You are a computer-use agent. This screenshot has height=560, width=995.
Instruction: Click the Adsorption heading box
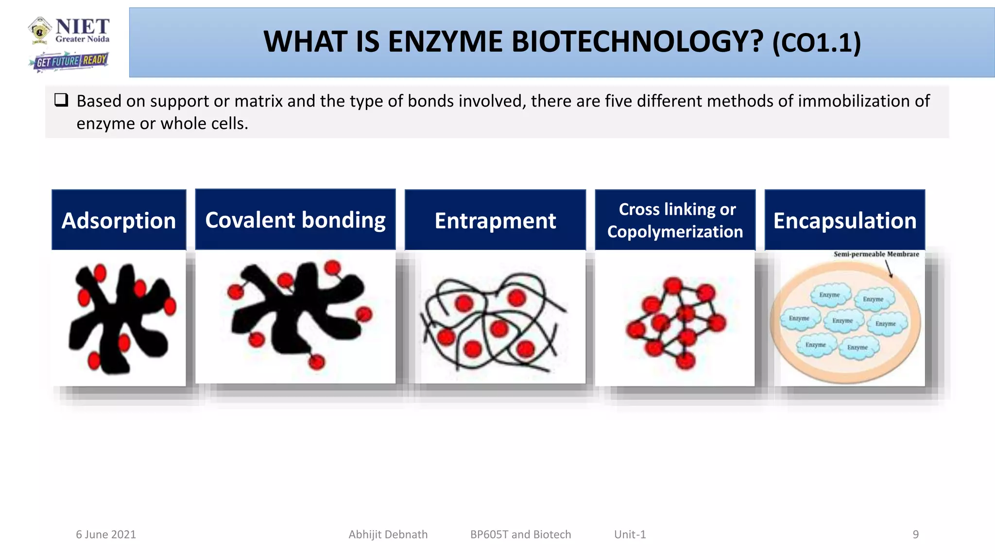[x=119, y=220]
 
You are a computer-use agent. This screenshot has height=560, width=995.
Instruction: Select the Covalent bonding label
[x=295, y=220]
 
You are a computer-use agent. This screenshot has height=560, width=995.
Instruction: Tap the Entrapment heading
[x=495, y=221]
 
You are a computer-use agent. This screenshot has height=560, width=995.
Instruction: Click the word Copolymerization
[x=675, y=232]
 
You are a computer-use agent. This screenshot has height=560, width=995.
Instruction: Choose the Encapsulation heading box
[x=844, y=221]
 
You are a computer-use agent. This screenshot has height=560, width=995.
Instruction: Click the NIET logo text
[x=83, y=27]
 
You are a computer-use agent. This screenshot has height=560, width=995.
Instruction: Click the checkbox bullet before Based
[x=61, y=101]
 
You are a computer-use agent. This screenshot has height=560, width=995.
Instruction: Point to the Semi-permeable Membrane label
[x=876, y=254]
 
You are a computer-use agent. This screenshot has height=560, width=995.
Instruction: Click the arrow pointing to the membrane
[x=889, y=269]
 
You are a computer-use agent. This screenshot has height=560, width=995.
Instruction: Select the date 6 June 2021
[x=106, y=534]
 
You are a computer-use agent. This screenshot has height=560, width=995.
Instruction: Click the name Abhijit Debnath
[x=388, y=534]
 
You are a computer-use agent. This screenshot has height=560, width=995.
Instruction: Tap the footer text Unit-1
[x=630, y=534]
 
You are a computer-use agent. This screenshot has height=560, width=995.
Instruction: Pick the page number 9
[x=915, y=534]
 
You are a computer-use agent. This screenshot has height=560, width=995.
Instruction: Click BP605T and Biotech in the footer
[x=520, y=534]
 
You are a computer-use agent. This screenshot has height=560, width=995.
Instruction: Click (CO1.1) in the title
[x=816, y=43]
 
